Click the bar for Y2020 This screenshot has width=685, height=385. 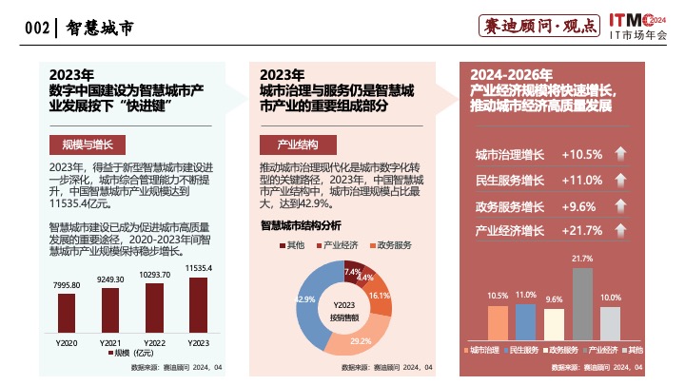tap(68, 313)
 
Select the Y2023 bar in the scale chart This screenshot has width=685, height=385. tap(198, 305)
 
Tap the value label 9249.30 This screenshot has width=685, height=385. tap(111, 279)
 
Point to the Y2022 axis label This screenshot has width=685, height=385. tap(155, 342)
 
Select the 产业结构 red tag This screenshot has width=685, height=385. tap(297, 144)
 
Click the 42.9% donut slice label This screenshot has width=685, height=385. tap(305, 299)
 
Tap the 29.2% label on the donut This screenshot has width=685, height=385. tap(361, 340)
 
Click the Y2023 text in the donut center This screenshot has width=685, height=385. tap(343, 304)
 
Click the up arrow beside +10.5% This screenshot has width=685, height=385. tap(620, 154)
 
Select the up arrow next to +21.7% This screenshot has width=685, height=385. tap(620, 230)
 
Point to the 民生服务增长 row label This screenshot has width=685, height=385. tap(510, 180)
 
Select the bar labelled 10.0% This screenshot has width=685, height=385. tap(611, 322)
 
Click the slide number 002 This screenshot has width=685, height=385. tap(36, 29)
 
